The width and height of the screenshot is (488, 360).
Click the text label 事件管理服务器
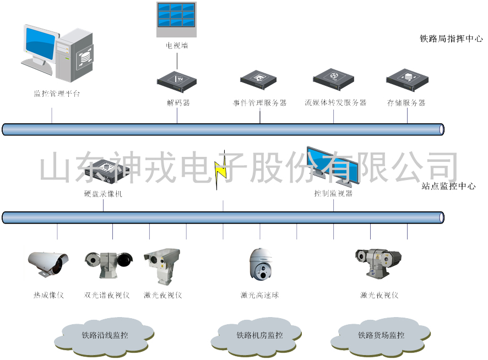pyautogui.click(x=259, y=103)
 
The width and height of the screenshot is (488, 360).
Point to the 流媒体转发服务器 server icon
pyautogui.click(x=335, y=79)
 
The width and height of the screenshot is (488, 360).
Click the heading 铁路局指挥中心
pyautogui.click(x=451, y=39)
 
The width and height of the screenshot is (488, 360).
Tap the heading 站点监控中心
pyautogui.click(x=448, y=186)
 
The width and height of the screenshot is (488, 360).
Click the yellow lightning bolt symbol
pyautogui.click(x=221, y=170)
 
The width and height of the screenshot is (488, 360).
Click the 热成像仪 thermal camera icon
pyautogui.click(x=48, y=263)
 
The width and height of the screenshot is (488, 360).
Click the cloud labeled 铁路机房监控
pyautogui.click(x=259, y=334)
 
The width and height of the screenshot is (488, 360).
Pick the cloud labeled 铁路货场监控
pyautogui.click(x=381, y=334)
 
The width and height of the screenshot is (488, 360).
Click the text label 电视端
pyautogui.click(x=177, y=45)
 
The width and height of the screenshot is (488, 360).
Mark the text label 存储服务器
pyautogui.click(x=406, y=103)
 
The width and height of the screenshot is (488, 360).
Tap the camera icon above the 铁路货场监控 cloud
pyautogui.click(x=378, y=262)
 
